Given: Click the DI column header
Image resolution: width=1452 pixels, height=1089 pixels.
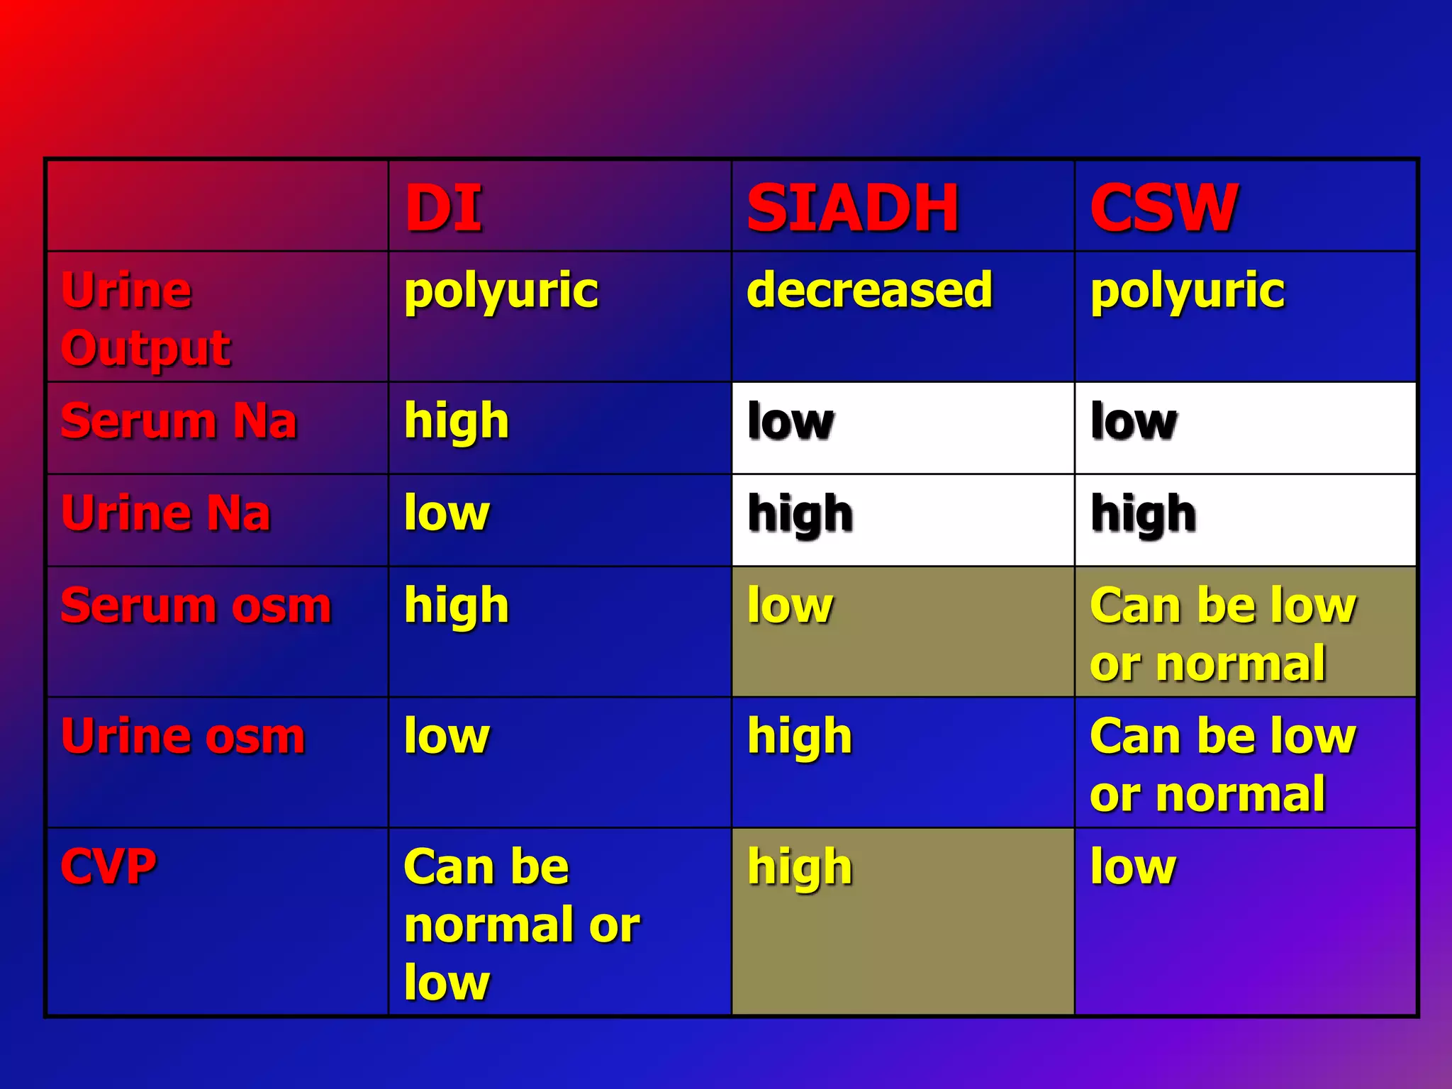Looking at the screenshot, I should [443, 208].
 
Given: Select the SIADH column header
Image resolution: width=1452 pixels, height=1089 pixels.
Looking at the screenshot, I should [853, 208].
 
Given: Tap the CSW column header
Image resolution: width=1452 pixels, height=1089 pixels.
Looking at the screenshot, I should [1164, 208].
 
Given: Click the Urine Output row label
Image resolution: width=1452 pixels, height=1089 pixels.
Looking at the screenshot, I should [145, 319].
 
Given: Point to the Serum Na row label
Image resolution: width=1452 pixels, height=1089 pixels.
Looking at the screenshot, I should [179, 421].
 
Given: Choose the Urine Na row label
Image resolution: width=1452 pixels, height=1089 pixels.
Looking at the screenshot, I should [166, 513].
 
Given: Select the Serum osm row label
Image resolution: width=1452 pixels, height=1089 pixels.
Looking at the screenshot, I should [196, 605].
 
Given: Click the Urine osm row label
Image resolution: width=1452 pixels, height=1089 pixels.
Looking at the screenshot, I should [183, 736].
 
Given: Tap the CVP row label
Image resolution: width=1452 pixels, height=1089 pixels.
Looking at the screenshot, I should [108, 866].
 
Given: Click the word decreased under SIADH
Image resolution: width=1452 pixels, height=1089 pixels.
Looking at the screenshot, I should [869, 290].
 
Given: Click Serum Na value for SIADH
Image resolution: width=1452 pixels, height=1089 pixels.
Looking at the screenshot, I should [791, 422].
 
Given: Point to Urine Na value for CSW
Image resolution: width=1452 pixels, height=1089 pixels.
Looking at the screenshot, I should [1143, 514].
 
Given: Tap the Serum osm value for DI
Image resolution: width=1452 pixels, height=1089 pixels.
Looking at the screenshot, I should [457, 607].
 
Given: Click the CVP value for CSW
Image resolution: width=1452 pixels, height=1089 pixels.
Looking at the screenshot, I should [1133, 866].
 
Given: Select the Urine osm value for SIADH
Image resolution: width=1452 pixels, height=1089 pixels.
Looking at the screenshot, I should [800, 737].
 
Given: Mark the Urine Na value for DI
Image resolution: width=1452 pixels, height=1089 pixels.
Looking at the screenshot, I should [447, 513].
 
